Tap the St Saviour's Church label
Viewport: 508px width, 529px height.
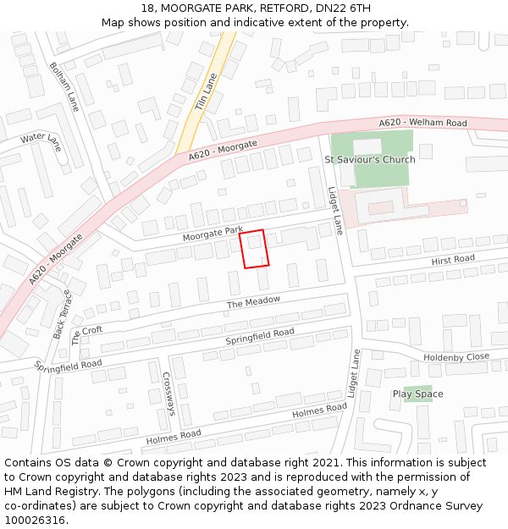point(370,159)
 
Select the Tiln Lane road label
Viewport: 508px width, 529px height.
point(206,89)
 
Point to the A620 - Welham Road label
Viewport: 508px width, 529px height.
point(422,123)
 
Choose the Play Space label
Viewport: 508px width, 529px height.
point(417,394)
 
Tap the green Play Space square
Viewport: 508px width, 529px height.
point(411,393)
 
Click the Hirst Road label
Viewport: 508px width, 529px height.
point(453,259)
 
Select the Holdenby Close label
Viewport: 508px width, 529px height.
point(456,357)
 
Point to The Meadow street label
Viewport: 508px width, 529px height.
point(252,302)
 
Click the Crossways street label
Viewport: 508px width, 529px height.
point(168,394)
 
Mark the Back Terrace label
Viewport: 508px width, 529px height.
point(63,314)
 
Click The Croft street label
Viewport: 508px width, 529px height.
point(86,336)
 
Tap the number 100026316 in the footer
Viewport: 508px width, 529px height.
point(35,521)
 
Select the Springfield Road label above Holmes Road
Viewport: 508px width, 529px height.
point(260,337)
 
